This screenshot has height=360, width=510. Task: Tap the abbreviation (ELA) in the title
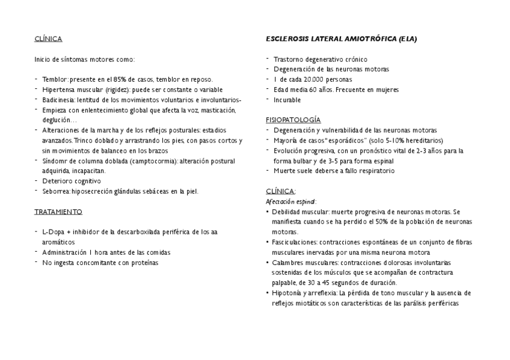(x=407, y=38)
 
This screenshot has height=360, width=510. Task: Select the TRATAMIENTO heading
(x=58, y=212)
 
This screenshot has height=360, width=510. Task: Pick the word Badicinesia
(x=60, y=100)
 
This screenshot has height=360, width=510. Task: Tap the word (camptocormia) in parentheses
(x=152, y=161)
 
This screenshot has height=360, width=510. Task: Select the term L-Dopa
(x=52, y=232)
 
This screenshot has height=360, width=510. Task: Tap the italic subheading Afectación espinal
(x=290, y=202)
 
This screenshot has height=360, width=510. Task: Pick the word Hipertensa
(x=58, y=90)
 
